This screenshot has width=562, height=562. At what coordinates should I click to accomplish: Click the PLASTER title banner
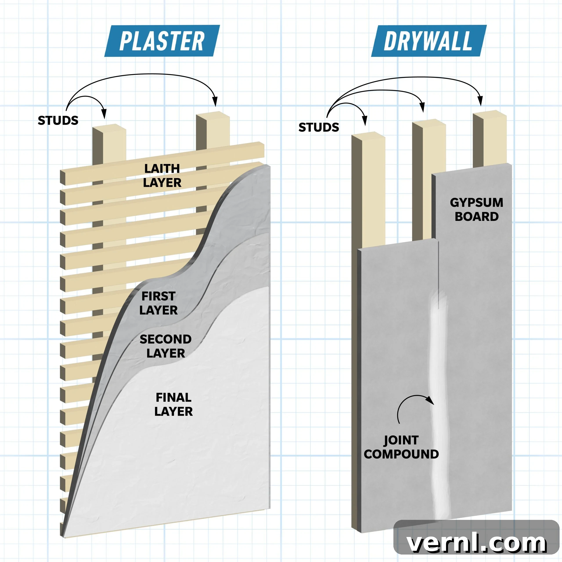(x=162, y=41)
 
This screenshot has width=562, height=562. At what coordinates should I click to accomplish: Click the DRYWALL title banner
(x=429, y=41)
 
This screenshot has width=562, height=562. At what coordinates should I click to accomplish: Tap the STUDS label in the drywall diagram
(x=319, y=127)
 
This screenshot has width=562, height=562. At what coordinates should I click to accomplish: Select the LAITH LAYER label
(x=162, y=175)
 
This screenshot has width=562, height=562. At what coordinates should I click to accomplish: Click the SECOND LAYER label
(x=166, y=346)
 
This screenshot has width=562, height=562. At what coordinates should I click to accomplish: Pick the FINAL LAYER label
(x=173, y=404)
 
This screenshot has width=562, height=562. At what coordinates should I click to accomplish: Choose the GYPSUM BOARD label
(x=476, y=209)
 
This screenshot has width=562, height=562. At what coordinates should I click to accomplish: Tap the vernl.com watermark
(x=476, y=543)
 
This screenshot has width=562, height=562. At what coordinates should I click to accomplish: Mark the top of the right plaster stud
(x=213, y=115)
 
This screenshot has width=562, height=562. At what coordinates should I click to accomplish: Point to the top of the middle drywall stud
(x=429, y=122)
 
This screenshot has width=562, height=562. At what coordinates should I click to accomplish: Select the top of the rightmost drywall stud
(x=490, y=114)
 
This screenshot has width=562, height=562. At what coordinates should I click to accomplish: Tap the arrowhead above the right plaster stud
(x=215, y=101)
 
